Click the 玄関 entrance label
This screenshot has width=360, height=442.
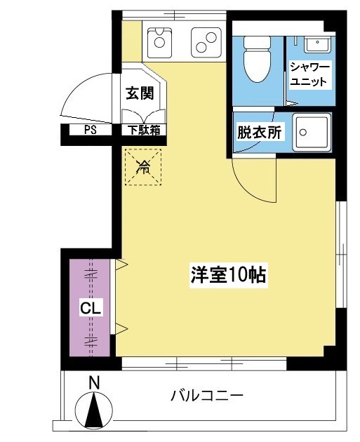click(x=140, y=93)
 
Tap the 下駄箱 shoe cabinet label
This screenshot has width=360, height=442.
click(x=144, y=130)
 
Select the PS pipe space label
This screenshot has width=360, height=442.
click(x=90, y=130)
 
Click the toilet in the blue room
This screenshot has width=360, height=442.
click(x=257, y=59)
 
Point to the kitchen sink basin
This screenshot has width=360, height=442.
click(x=159, y=42)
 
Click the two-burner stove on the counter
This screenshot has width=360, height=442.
click(x=206, y=42)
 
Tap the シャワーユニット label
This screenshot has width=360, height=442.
click(x=309, y=74)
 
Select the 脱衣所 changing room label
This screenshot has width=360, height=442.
click(x=260, y=132)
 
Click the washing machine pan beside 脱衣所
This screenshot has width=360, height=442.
click(x=312, y=132)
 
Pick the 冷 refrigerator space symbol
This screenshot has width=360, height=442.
click(x=143, y=167)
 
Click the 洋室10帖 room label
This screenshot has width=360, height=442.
click(x=228, y=274)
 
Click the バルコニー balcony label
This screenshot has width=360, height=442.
click(x=207, y=396)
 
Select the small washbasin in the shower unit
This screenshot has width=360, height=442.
click(x=317, y=44)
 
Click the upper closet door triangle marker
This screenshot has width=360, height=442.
click(x=121, y=264)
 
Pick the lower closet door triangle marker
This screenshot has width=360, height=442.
click(x=121, y=328)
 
